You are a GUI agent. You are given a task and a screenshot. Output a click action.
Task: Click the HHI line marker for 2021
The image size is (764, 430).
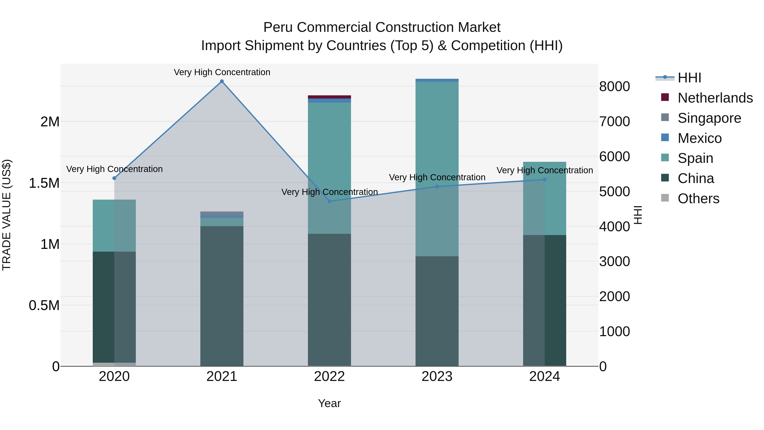tap(222, 81)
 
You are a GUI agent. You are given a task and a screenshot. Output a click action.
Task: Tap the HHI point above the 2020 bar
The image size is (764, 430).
tap(114, 178)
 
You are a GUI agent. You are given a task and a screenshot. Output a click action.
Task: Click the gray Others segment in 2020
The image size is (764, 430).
tap(114, 364)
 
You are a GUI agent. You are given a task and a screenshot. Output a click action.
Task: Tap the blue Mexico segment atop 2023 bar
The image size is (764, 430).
tap(437, 80)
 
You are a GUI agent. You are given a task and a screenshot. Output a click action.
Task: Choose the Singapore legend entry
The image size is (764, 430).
tap(709, 118)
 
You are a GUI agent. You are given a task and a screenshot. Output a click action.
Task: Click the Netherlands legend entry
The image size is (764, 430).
tap(715, 98)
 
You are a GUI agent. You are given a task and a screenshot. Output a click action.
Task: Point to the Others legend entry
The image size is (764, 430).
tap(698, 199)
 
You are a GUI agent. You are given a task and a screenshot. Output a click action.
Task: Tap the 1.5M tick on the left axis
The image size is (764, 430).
tap(44, 183)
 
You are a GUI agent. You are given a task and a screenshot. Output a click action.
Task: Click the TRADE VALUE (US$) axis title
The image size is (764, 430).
tap(7, 215)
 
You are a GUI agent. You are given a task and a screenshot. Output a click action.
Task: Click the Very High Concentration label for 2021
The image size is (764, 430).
tap(222, 72)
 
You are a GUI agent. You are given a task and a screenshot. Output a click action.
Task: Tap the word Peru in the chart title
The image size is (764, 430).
tap(278, 27)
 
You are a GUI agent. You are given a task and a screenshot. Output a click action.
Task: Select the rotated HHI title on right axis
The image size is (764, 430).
tap(638, 215)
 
